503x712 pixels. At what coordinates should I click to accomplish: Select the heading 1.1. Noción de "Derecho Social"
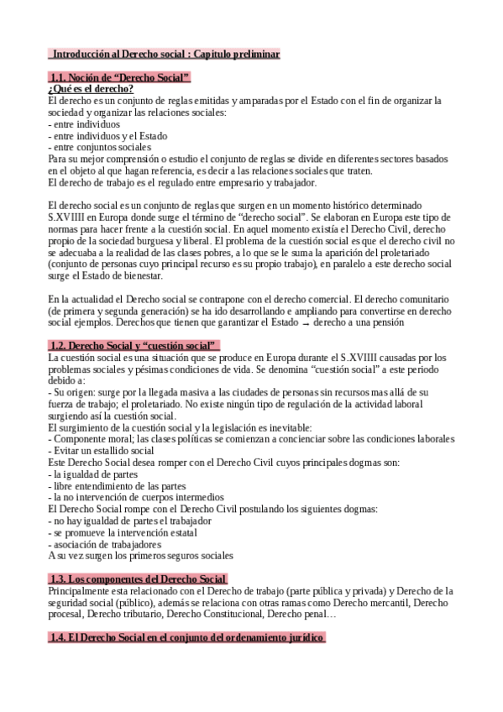tap(120, 78)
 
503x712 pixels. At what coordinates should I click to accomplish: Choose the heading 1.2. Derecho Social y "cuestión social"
tap(134, 345)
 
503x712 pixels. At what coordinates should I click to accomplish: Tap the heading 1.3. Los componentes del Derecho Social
tap(138, 578)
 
